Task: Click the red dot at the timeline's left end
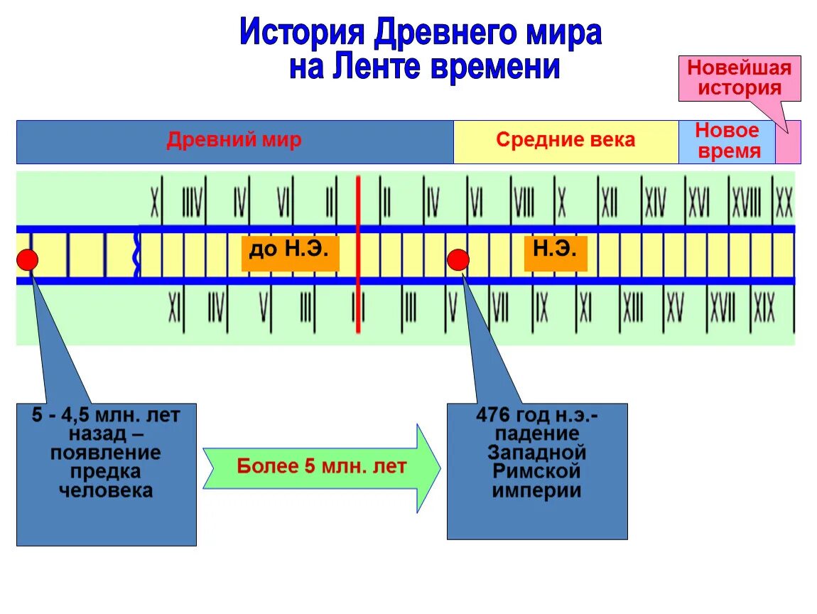click(27, 260)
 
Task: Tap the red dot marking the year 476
click(458, 260)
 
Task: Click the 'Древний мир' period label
click(234, 140)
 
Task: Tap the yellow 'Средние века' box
click(566, 141)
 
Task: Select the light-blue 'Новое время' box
click(727, 141)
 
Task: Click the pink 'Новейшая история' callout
click(739, 78)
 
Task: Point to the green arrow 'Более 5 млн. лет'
click(321, 467)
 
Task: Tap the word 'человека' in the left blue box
click(106, 490)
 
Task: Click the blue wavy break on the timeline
click(137, 254)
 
